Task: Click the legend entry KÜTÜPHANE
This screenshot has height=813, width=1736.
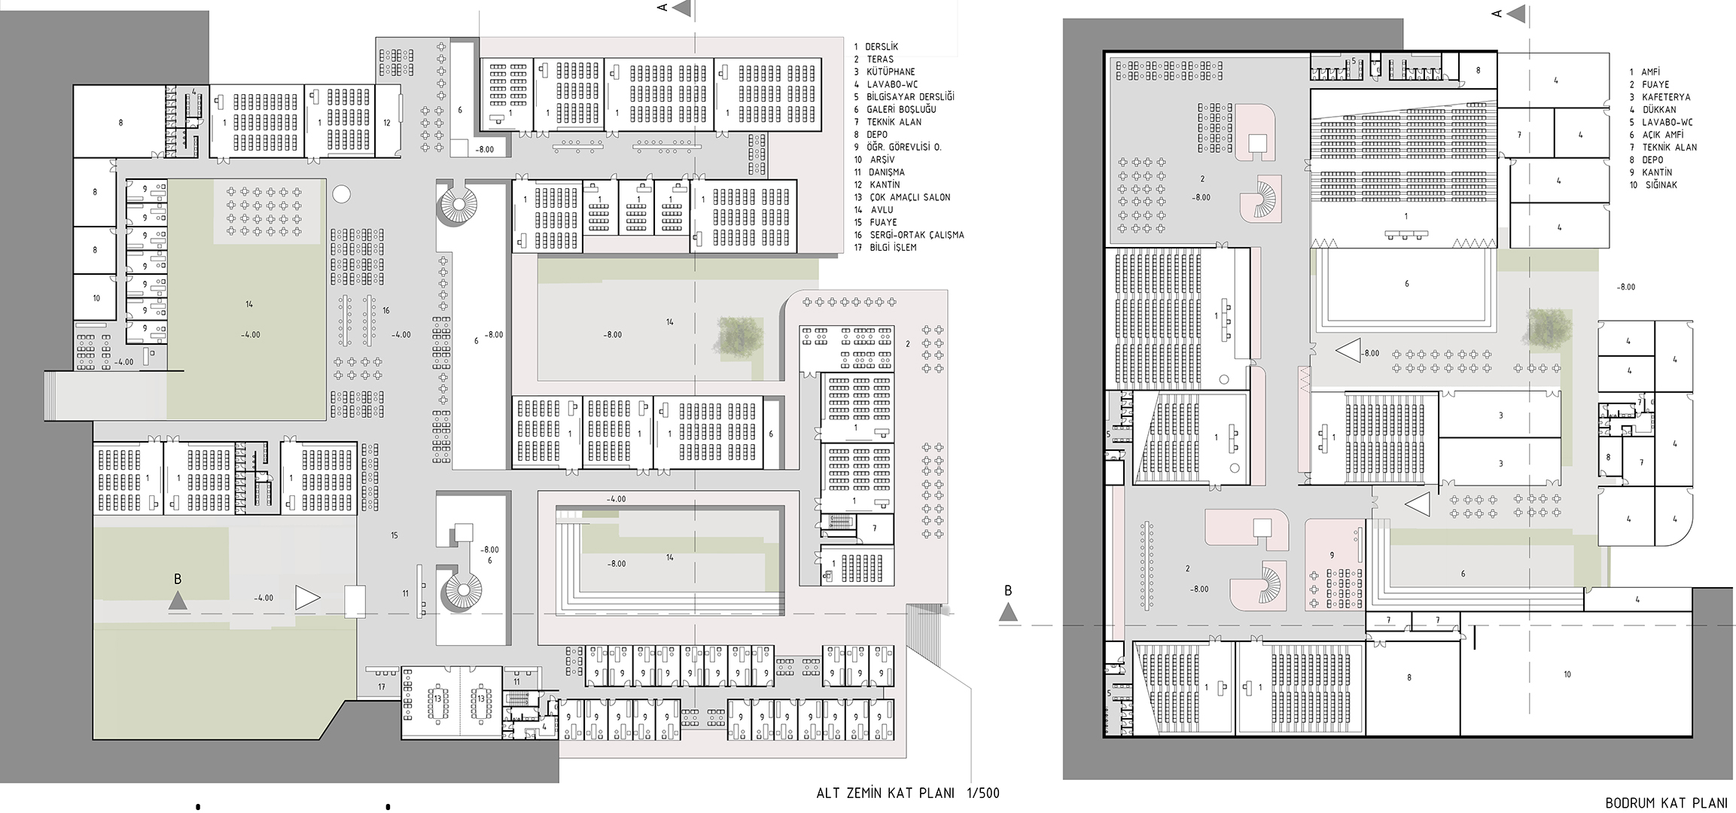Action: click(x=890, y=72)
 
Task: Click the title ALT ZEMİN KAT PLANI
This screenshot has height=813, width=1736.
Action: click(x=885, y=793)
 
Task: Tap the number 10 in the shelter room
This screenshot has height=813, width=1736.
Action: click(x=1567, y=674)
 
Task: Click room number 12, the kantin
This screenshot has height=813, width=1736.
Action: click(x=387, y=123)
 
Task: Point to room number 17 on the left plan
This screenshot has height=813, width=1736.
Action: click(x=382, y=687)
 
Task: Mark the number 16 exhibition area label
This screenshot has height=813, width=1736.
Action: click(x=386, y=310)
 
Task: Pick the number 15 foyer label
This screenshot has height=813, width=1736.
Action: click(x=394, y=535)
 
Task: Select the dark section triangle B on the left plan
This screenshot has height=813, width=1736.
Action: click(x=177, y=600)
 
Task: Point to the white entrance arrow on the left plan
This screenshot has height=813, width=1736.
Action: click(x=307, y=598)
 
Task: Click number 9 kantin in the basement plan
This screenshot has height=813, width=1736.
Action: click(x=1332, y=556)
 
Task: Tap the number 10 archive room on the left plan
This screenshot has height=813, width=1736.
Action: click(x=96, y=298)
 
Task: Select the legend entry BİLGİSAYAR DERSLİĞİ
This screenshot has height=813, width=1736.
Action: click(x=909, y=97)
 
